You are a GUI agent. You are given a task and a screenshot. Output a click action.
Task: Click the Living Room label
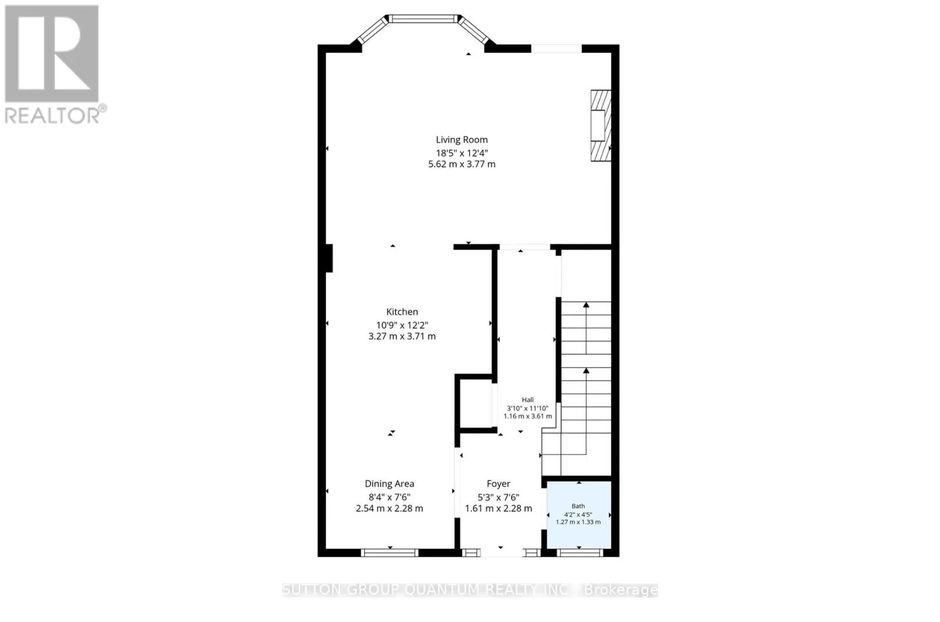click(x=462, y=140)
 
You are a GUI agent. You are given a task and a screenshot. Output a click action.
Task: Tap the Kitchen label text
click(x=402, y=312)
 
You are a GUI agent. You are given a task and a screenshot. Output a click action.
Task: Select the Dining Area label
click(x=390, y=483)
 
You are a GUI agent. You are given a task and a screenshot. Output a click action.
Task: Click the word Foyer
click(x=499, y=483)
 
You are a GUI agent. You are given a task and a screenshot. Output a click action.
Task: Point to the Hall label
click(x=528, y=400)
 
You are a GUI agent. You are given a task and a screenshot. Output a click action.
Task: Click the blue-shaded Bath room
click(x=579, y=515)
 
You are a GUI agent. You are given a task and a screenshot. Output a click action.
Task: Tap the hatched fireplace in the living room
click(x=601, y=126)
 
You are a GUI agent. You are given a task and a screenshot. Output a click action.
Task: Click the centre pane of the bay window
click(x=423, y=19)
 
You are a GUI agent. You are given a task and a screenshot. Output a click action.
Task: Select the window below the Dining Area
click(x=390, y=553)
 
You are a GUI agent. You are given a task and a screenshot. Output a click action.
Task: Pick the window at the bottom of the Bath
click(x=579, y=553)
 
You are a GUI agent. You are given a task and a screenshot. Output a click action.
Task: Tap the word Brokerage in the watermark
click(x=621, y=590)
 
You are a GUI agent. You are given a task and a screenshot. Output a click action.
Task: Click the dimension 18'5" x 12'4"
click(x=462, y=153)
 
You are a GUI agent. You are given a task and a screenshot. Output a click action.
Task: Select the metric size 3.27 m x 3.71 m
click(x=402, y=337)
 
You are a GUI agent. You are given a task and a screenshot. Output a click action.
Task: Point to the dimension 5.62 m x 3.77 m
click(x=462, y=164)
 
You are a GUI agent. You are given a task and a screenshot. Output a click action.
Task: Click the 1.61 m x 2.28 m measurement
click(x=499, y=508)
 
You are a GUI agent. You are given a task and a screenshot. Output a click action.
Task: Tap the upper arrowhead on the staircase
click(x=586, y=305)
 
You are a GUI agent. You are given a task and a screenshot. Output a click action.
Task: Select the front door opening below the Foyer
click(x=501, y=553)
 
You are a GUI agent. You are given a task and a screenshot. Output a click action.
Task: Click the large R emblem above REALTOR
click(x=52, y=53)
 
